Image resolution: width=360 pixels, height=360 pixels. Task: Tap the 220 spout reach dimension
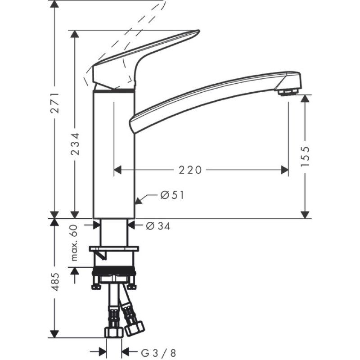[190, 170]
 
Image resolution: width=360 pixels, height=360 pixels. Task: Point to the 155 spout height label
[306, 156]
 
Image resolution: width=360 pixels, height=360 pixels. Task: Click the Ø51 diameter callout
[171, 195]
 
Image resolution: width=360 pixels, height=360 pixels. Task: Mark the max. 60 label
[75, 243]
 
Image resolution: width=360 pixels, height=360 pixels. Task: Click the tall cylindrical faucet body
[114, 153]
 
